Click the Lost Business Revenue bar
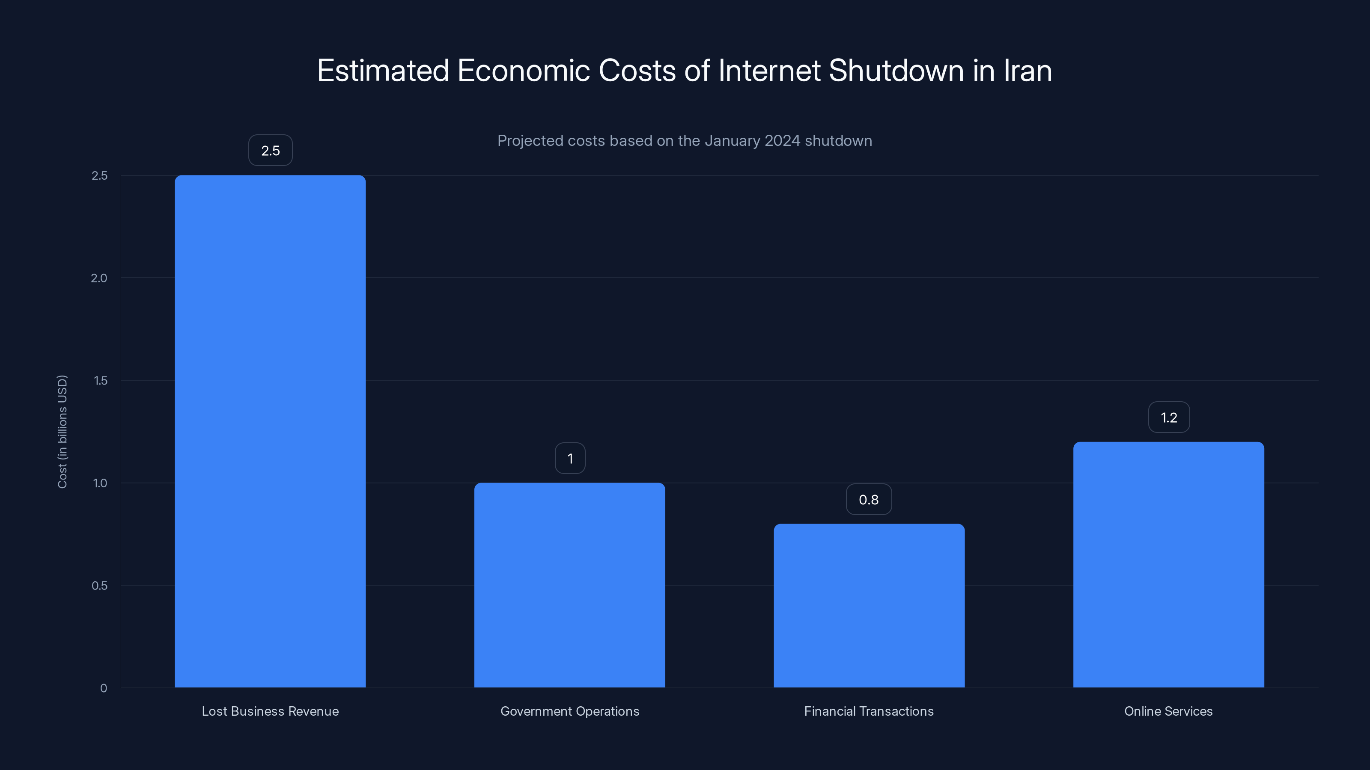point(270,430)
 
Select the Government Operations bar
point(569,584)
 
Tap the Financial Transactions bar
point(869,605)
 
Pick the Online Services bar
point(1168,564)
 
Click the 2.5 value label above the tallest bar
point(270,151)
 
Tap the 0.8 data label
point(869,500)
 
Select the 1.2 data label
point(1168,418)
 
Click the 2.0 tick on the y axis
point(99,278)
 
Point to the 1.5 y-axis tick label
point(100,380)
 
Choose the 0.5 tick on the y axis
point(99,586)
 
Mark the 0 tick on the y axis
point(104,688)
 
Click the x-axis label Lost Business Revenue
point(270,711)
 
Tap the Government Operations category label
point(569,711)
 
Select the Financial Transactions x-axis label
point(869,711)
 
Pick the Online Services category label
point(1168,711)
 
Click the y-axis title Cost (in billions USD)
point(62,432)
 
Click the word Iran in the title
point(1027,71)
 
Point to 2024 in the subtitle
point(782,141)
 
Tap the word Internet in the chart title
point(769,71)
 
